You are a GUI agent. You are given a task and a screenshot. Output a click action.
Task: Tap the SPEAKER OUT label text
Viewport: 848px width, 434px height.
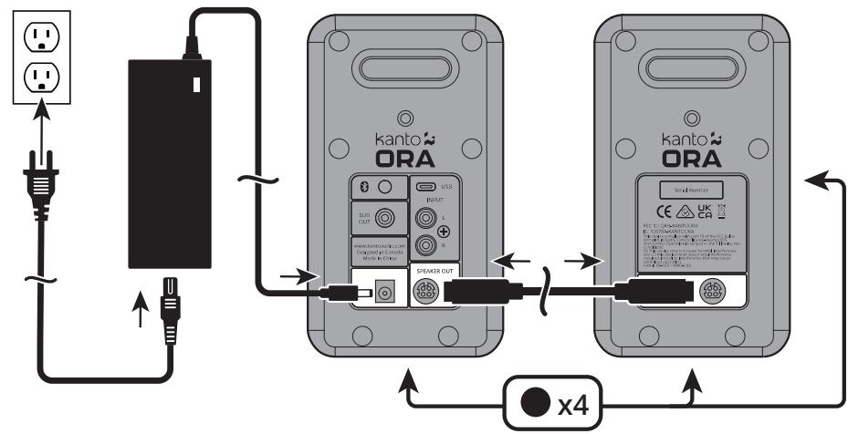coord(437,272)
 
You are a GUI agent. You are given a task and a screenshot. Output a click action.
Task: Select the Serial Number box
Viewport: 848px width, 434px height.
coord(691,190)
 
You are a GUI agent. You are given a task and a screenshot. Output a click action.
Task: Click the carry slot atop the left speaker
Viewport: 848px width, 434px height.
coord(403,69)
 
